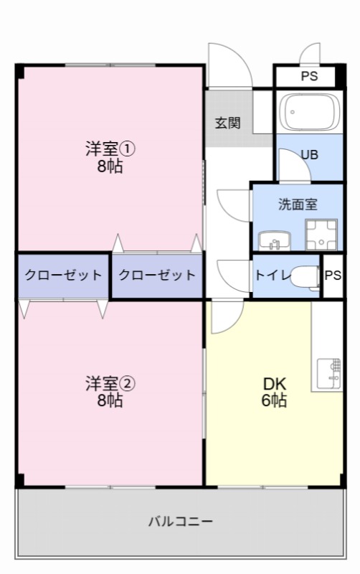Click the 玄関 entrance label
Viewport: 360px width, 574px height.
(x=227, y=122)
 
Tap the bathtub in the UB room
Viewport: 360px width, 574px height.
(x=309, y=111)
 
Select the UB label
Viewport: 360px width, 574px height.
(x=310, y=154)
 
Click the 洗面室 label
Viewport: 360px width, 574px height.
(x=298, y=204)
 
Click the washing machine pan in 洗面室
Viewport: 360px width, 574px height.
(x=321, y=234)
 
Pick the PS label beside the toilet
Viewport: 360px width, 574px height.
(x=333, y=276)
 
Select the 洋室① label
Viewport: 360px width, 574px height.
(x=110, y=150)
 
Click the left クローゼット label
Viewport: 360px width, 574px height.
(x=63, y=276)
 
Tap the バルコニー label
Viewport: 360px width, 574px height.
(x=181, y=521)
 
